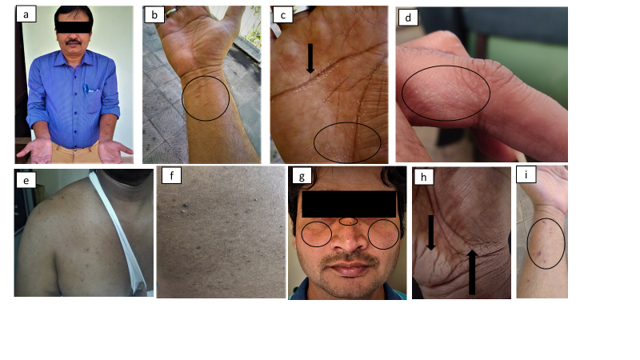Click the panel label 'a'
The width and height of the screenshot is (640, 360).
(x=26, y=14)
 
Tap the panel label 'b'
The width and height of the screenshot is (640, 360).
(x=154, y=14)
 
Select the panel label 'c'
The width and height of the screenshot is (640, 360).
(x=283, y=15)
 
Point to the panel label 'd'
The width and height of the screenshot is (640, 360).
(x=408, y=18)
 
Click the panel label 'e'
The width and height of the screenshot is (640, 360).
(x=26, y=180)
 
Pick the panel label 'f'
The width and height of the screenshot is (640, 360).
(x=171, y=176)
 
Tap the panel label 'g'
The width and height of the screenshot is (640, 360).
(x=302, y=176)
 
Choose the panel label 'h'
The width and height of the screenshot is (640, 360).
(x=423, y=177)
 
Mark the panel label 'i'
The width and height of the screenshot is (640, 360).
(x=526, y=174)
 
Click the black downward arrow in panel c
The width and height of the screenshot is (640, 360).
(x=310, y=58)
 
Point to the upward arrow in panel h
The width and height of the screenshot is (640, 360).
(x=472, y=272)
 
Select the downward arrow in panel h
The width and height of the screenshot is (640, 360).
(x=430, y=233)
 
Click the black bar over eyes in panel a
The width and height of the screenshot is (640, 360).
(x=73, y=27)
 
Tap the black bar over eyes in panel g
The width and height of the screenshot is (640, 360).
(x=349, y=204)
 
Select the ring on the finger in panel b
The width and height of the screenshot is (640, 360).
(x=172, y=10)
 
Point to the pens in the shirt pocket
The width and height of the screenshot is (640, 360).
(x=87, y=88)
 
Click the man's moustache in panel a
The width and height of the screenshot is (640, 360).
(x=74, y=42)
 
